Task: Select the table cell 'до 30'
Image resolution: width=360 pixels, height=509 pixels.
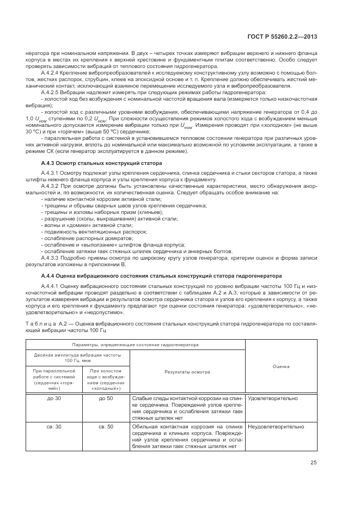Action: [54, 398]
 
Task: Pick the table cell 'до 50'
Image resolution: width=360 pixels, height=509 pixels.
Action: [106, 398]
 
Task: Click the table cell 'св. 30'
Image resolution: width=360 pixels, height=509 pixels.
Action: [54, 426]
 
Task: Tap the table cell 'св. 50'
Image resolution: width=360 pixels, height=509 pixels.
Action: [106, 426]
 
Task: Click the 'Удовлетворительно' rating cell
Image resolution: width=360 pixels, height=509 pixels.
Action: [273, 398]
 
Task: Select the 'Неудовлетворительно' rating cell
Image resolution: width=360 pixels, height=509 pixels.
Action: [276, 426]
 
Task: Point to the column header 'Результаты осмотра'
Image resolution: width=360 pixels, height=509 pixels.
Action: [187, 372]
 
